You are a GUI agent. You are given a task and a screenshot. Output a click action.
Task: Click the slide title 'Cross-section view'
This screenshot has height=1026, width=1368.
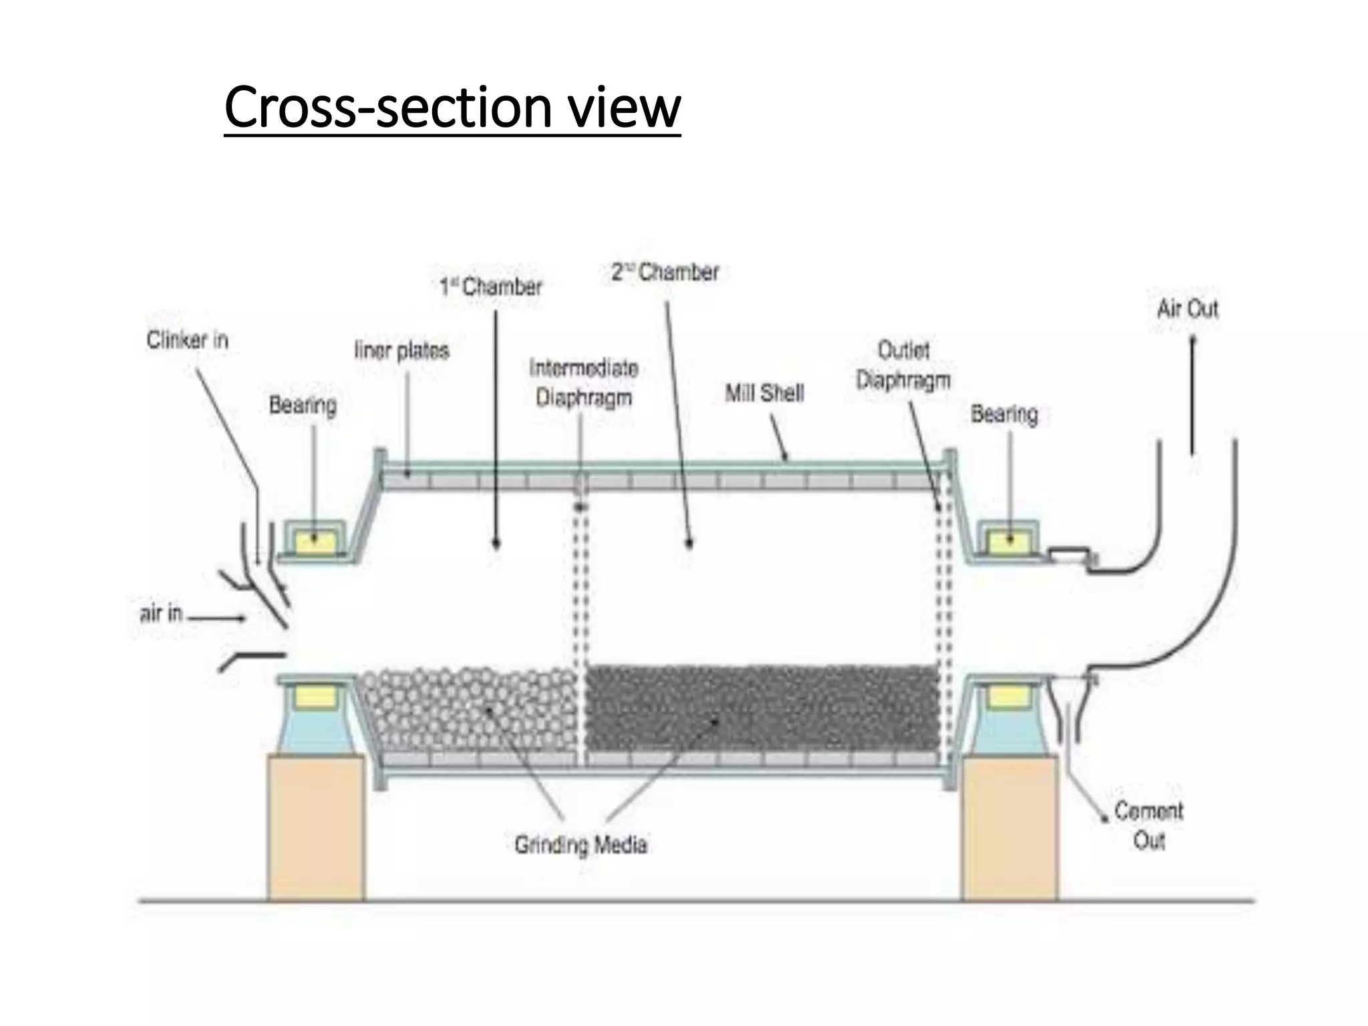(x=452, y=108)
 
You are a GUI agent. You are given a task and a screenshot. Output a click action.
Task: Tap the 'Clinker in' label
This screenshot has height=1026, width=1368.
(x=188, y=341)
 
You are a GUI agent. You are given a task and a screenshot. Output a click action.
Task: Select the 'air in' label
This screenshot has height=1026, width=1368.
(x=161, y=613)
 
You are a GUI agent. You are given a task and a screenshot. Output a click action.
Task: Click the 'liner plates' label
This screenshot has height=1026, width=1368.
(x=401, y=350)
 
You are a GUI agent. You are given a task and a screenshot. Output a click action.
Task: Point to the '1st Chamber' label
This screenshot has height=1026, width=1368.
(x=491, y=287)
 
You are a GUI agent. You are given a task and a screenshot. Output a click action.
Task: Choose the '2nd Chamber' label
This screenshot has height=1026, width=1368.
(x=665, y=273)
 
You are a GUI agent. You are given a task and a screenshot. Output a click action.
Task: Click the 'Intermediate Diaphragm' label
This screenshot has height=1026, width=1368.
(x=584, y=383)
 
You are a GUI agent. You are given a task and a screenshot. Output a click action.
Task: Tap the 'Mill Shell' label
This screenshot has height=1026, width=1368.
(x=764, y=393)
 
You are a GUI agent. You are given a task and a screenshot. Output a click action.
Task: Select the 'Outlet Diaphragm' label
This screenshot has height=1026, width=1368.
(x=903, y=365)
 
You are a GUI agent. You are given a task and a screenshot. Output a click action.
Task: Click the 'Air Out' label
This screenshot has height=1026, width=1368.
(x=1188, y=309)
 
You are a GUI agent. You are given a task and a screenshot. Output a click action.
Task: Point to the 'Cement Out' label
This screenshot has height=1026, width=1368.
(x=1149, y=826)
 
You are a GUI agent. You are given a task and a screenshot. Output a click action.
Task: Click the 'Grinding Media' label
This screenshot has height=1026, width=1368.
(x=580, y=845)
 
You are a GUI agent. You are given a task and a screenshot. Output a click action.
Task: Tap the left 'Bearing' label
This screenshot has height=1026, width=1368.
(x=303, y=405)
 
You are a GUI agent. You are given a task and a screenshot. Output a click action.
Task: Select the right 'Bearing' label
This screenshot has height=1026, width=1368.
(x=1004, y=414)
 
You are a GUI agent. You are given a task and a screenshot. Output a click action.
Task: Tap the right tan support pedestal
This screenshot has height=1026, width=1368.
(x=1009, y=828)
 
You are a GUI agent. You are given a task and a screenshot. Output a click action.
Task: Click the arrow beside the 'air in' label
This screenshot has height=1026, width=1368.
(x=217, y=619)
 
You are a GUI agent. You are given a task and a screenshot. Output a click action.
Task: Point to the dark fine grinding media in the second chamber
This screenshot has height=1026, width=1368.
(x=761, y=708)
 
